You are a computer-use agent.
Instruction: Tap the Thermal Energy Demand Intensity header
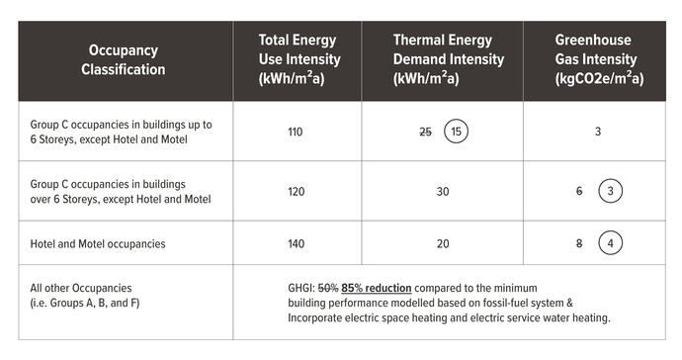(442, 58)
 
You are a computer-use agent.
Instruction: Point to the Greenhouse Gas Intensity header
(598, 58)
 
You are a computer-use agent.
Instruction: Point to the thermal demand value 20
(441, 243)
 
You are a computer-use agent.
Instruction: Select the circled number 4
(611, 243)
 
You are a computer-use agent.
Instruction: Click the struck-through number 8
(581, 243)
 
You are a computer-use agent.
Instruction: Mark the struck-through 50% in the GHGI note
(328, 288)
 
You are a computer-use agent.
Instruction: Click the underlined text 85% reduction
(377, 288)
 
